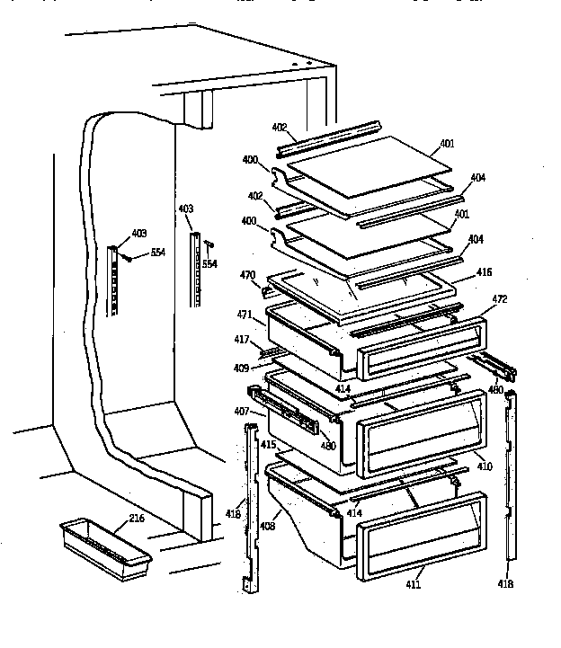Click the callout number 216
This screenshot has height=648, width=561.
[x=137, y=519]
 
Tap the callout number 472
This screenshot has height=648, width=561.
[x=500, y=298]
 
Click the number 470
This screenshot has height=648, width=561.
[x=247, y=275]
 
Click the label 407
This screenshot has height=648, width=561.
[x=242, y=413]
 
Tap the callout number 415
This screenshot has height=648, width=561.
[x=268, y=445]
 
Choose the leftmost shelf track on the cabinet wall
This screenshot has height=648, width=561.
[x=113, y=280]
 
